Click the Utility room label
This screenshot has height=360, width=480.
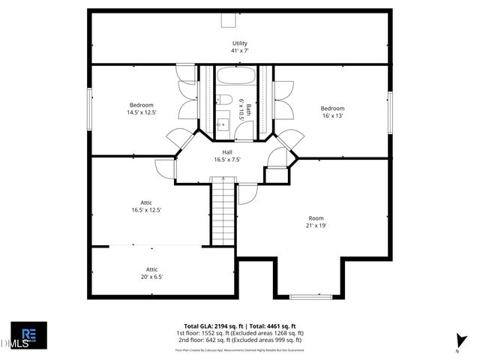[239, 47]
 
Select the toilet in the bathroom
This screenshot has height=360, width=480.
[225, 100]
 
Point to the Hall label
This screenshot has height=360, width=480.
[226, 155]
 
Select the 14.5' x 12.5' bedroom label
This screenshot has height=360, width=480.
[141, 109]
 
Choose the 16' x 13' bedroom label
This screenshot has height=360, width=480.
[332, 112]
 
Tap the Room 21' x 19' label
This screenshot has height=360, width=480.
[315, 221]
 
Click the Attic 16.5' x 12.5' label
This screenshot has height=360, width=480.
[146, 206]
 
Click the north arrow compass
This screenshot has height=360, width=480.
[459, 341]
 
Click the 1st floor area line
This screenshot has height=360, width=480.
[239, 333]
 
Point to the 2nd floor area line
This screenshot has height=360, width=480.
[239, 340]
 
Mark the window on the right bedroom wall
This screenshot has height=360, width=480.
[390, 112]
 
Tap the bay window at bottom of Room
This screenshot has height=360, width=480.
[310, 296]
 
